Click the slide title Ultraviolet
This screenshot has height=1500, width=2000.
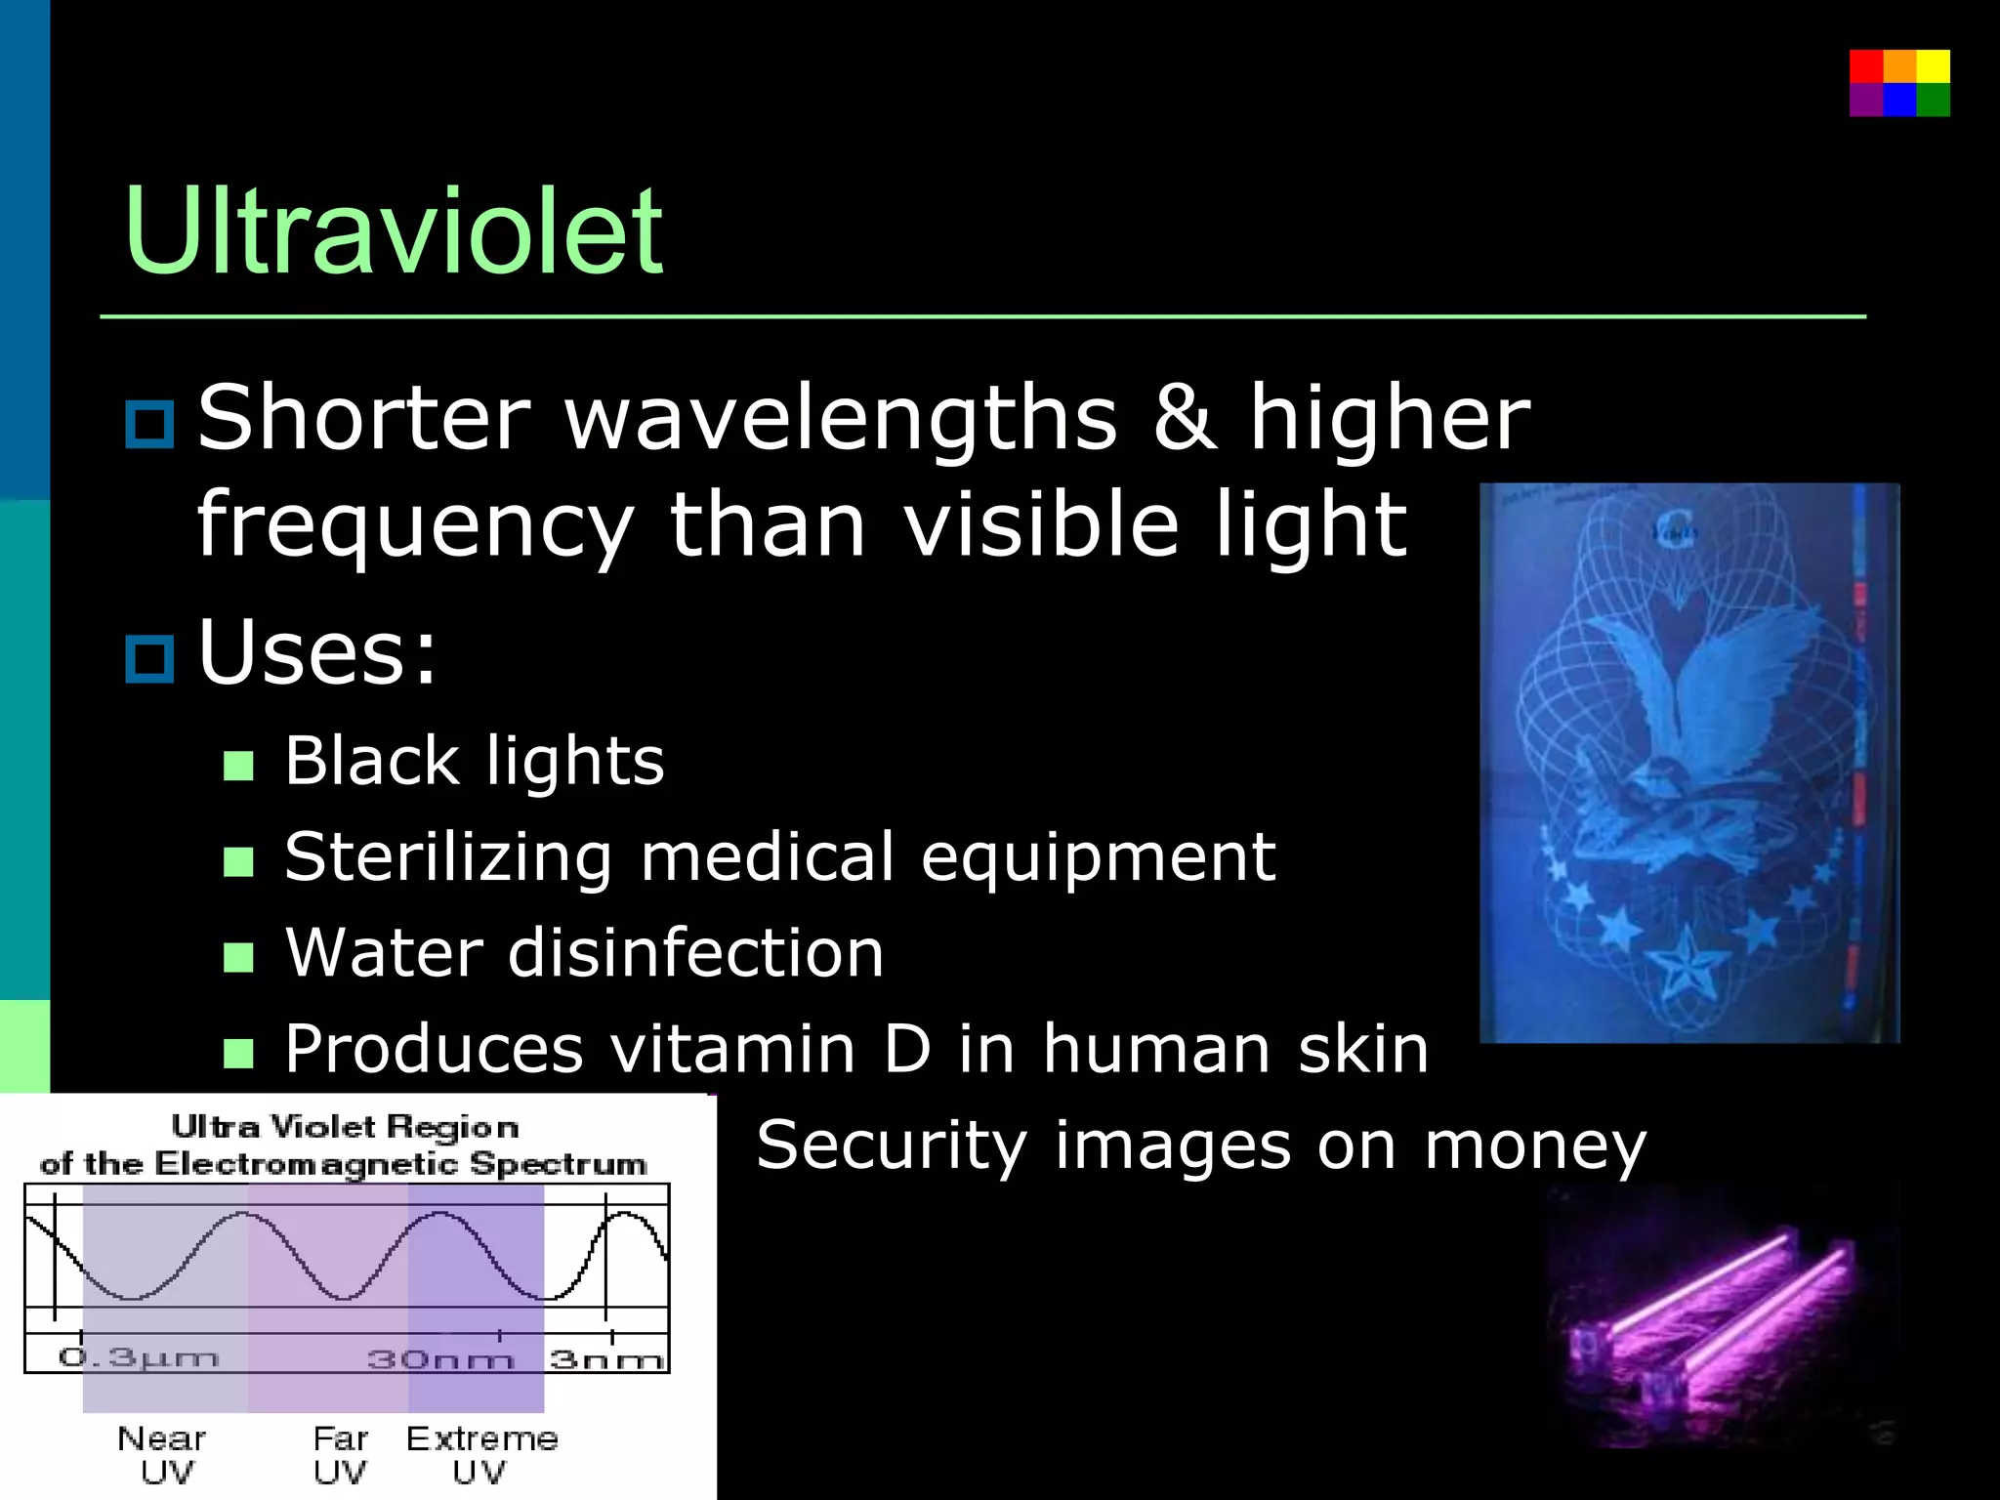[x=393, y=232]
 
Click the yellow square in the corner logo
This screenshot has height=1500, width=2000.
[x=1933, y=66]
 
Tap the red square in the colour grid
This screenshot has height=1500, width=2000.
[x=1865, y=66]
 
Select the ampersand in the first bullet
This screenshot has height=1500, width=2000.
[x=1184, y=418]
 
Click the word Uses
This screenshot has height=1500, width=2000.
[x=316, y=652]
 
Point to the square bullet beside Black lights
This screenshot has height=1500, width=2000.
[x=238, y=765]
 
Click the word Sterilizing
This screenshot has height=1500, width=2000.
[x=447, y=858]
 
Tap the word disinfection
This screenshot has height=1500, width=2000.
[x=695, y=954]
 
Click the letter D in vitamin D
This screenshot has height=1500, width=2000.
[x=906, y=1049]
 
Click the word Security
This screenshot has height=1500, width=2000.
[x=891, y=1146]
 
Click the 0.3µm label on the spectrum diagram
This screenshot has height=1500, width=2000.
[x=138, y=1358]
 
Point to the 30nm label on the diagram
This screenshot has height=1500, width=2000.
[x=439, y=1359]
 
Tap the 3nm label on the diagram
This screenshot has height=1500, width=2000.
[x=606, y=1359]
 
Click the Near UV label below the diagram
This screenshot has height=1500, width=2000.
[x=162, y=1454]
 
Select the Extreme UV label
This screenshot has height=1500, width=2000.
[x=481, y=1454]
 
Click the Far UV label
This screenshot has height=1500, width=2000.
[x=340, y=1454]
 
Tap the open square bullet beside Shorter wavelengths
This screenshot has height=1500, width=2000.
[x=149, y=424]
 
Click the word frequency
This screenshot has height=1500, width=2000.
[x=416, y=525]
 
